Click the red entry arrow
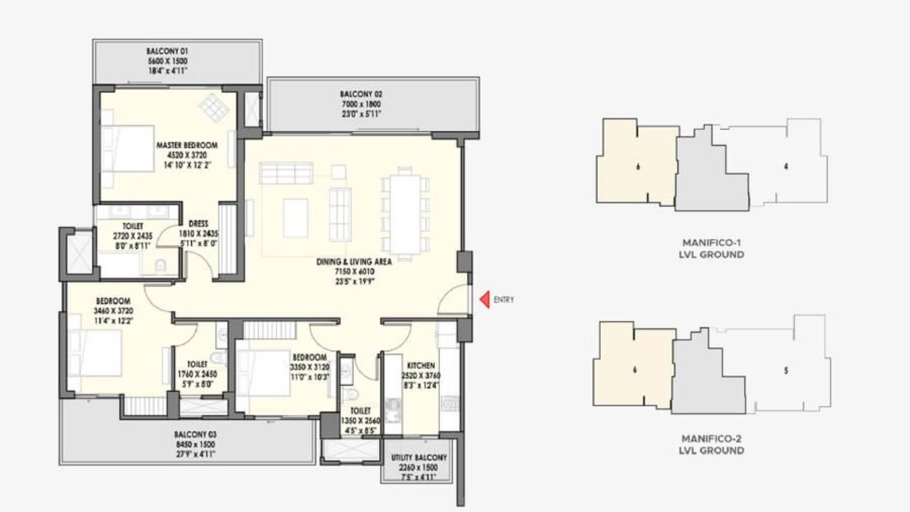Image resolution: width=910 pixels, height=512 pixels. pos(484,300)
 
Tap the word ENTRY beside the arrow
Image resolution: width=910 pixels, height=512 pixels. pos(503,300)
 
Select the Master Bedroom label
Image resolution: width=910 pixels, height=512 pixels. pos(187,145)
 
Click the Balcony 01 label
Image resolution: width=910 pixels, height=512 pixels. pos(167,52)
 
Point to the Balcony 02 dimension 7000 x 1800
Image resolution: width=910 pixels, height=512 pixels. pos(360,104)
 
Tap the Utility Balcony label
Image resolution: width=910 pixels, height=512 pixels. pos(418,458)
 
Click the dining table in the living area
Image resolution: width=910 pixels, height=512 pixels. pos(405,213)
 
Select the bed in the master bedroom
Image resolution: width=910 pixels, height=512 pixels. pos(128,149)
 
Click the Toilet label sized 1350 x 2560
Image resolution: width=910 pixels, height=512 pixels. pos(360,411)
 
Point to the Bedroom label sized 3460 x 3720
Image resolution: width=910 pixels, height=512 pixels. pos(114,302)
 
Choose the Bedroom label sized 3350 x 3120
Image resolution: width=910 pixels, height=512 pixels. pos(309,357)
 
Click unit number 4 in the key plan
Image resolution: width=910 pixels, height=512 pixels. pos(786,167)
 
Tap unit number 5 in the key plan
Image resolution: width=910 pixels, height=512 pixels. pos(786,370)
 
